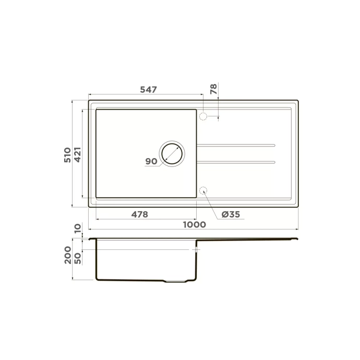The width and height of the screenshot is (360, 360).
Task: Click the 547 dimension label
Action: pos(148,90)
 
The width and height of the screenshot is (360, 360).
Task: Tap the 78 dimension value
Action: pos(213,89)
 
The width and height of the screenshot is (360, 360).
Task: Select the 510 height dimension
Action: pos(67,154)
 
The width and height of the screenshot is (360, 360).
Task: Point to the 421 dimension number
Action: pos(77,154)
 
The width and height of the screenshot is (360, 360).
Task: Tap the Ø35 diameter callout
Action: pos(230,214)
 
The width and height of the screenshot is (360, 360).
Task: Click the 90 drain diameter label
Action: pos(151,161)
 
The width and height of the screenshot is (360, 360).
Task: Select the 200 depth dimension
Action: pos(67,255)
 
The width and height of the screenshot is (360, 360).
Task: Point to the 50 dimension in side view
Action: pos(77,258)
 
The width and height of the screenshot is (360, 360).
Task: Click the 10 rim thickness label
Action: pos(77,228)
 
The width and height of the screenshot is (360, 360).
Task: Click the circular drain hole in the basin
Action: pos(172,153)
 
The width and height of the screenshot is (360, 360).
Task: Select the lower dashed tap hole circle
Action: pos(203,190)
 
